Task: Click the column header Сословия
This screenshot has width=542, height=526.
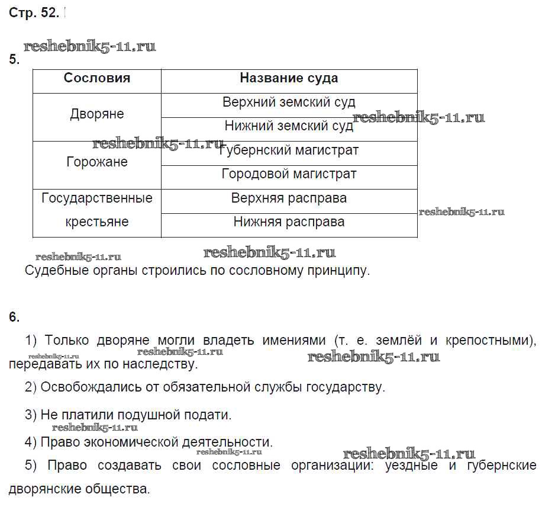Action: coord(97,78)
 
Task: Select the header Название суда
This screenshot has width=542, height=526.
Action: coord(289,78)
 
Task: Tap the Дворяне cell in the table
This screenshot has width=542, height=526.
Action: coord(97,114)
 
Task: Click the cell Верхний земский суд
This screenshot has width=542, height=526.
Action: coord(289,102)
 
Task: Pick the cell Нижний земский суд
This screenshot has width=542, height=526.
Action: coord(289,126)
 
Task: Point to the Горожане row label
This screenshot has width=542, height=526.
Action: coord(97,162)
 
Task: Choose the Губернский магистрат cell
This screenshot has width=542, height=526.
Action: coord(289,150)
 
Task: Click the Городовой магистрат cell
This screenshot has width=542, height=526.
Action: coord(289,174)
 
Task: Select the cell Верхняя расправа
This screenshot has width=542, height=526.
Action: coord(289,198)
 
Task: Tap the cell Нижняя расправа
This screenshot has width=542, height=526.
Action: coord(289,222)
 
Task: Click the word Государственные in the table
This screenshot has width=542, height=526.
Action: coord(97,198)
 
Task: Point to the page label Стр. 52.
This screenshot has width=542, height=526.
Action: coord(34,14)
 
